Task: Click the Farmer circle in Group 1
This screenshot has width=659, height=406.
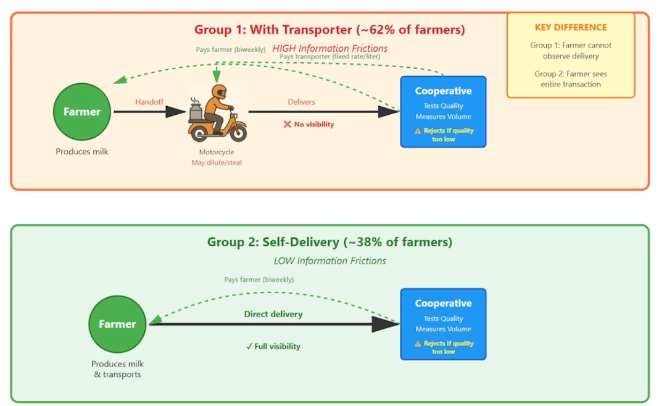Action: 82,112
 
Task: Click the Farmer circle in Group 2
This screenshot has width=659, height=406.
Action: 117,324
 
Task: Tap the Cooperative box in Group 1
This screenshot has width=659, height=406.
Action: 443,111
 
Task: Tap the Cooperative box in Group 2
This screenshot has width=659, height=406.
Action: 443,324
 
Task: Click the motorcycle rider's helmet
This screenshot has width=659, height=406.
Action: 219,93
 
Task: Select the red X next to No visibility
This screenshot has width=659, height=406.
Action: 287,124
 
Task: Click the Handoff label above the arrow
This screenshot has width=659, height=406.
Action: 149,102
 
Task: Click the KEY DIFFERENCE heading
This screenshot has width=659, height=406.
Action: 571,27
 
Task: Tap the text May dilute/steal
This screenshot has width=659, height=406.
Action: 216,162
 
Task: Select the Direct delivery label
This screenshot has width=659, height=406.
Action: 273,314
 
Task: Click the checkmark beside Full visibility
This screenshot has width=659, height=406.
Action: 249,346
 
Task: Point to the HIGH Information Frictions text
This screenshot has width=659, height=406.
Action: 330,48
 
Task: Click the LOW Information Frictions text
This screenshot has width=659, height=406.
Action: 330,260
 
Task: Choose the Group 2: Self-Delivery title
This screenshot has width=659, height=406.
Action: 329,242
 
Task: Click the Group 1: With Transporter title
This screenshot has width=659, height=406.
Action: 329,29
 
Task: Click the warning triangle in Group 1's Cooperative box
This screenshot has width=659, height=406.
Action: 418,131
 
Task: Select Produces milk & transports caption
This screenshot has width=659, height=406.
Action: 117,369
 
